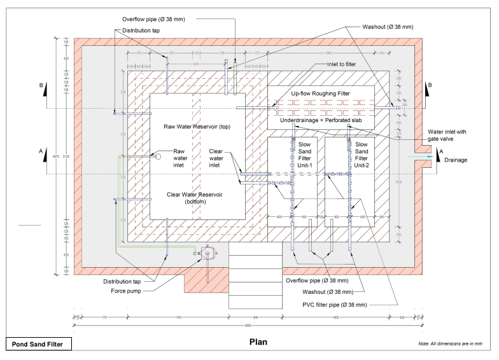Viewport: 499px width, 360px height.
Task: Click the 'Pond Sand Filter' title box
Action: (38, 344)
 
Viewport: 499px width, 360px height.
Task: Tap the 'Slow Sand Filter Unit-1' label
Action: (309, 154)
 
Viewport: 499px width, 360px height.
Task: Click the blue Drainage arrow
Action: (419, 155)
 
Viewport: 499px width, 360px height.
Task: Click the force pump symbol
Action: (207, 253)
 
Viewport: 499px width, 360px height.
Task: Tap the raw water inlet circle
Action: (158, 155)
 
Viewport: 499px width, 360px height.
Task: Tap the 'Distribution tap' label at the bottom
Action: (124, 280)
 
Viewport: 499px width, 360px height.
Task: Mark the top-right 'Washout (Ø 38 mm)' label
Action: (388, 27)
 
